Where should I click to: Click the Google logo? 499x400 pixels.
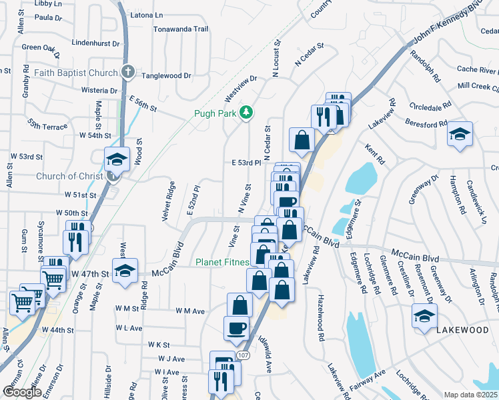(22, 392)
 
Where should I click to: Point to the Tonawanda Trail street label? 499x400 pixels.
(181, 29)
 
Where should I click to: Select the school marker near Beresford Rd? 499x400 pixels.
(460, 134)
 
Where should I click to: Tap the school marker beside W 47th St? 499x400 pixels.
(125, 271)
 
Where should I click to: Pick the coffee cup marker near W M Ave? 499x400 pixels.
(236, 328)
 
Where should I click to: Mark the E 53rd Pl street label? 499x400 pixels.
(245, 163)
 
